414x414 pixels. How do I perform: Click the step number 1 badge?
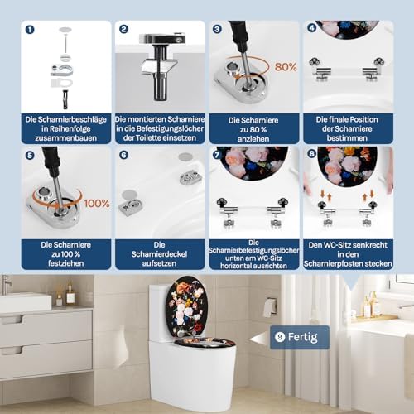point(30,30)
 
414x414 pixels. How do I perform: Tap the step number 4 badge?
point(312,28)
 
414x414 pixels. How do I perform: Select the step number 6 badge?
point(123,155)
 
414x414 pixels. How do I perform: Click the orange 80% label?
point(286,67)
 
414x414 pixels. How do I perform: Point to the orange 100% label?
point(97,204)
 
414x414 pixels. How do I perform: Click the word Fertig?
point(302,337)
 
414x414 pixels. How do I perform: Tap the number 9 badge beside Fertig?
point(280,337)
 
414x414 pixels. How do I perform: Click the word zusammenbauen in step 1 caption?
point(65,138)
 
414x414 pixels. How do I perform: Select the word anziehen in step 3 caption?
point(253,139)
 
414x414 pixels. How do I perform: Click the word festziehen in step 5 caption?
point(65,263)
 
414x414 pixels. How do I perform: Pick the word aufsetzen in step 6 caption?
point(159,263)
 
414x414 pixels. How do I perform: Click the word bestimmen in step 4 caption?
point(347,138)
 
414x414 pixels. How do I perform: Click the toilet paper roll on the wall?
point(269,307)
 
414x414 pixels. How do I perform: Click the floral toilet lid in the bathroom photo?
point(187,307)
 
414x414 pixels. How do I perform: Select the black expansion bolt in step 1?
point(65,99)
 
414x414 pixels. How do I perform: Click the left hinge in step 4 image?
point(320,70)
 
